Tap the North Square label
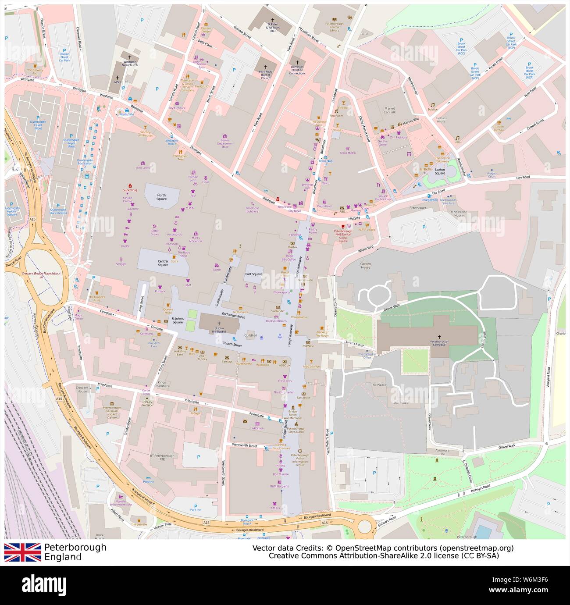coord(162,197)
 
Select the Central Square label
coord(163,263)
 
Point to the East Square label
coord(253,274)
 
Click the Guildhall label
coord(250,335)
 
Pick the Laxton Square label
coord(440,171)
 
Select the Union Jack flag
coord(22,552)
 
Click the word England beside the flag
coord(63,557)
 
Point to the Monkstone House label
coord(465,214)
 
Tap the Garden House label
coord(365,265)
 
